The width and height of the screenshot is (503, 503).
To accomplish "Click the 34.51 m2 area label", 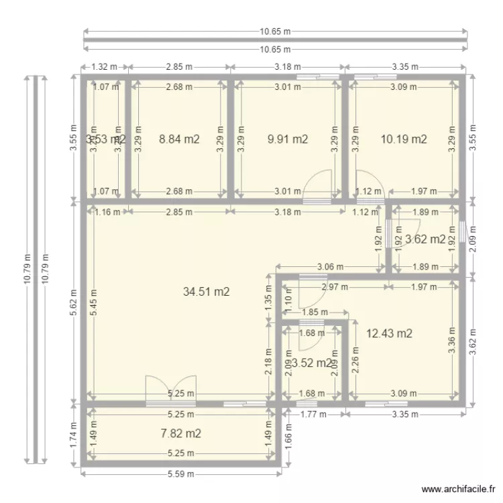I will (207, 292).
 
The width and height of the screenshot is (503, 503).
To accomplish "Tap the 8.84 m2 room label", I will (179, 139).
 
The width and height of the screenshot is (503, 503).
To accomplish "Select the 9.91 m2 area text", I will (287, 139).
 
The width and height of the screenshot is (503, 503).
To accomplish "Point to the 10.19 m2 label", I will (404, 139).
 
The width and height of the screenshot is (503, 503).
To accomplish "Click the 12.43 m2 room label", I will (389, 333).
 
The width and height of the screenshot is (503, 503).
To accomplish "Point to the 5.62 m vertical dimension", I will (74, 302).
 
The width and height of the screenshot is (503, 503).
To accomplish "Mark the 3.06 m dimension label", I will (330, 267).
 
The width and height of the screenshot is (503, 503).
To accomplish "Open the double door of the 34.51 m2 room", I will (170, 390).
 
